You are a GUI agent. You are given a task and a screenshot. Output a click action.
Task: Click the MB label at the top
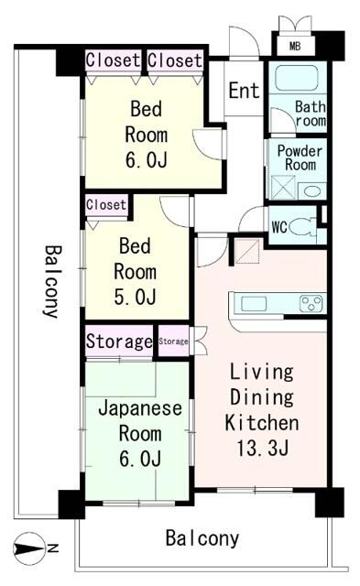295,47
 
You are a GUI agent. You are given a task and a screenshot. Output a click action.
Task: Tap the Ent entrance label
244,91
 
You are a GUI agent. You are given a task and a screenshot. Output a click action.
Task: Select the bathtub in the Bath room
297,77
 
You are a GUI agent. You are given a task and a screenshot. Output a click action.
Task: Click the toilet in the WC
302,227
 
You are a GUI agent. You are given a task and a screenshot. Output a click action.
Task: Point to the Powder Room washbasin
311,191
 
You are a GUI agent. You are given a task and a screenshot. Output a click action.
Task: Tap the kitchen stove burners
311,303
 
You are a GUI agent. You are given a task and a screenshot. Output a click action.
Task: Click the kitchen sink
254,304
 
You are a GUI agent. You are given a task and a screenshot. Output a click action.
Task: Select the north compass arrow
28,548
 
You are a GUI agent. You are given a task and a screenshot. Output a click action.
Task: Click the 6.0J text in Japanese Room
140,458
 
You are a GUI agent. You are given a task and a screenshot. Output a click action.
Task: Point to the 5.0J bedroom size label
135,297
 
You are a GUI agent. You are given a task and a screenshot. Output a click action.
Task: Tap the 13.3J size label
262,448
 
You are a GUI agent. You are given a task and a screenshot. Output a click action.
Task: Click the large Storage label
119,342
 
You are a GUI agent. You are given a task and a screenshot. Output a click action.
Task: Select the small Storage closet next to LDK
173,341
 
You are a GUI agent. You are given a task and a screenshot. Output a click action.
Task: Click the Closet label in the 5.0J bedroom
106,205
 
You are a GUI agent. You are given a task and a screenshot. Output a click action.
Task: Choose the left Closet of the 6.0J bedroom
113,60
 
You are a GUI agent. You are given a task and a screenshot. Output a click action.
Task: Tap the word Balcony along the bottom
202,538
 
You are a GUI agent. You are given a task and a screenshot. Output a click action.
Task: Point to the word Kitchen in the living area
262,423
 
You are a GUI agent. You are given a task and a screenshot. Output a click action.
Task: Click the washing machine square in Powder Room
282,188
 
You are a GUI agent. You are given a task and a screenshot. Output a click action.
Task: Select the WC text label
279,227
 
